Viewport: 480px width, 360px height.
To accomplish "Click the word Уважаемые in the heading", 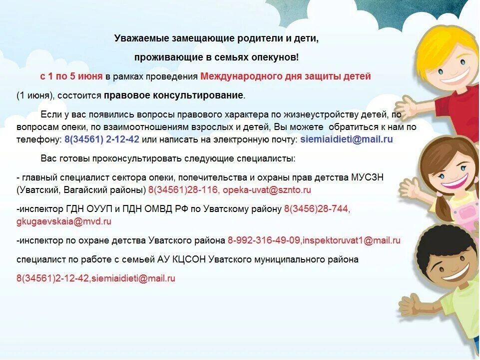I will tap(142, 38).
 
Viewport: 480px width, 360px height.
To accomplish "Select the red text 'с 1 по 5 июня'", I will tap(71, 76).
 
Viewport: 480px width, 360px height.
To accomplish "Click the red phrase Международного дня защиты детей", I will tap(286, 76).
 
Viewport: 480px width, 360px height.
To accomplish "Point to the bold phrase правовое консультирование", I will tap(174, 95).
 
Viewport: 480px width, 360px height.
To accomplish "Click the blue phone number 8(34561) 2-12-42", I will tap(102, 139).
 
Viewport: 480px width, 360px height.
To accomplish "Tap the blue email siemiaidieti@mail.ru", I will tap(347, 139).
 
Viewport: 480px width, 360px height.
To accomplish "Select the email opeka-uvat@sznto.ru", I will tap(267, 190).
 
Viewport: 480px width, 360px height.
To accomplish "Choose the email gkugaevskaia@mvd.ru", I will tap(64, 221).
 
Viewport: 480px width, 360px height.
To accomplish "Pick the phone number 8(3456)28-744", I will tap(317, 209).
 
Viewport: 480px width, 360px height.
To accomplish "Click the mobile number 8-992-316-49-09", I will tap(264, 240).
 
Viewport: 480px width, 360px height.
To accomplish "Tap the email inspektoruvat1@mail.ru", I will tap(352, 240).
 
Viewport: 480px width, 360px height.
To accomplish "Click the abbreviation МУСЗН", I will tap(367, 177).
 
